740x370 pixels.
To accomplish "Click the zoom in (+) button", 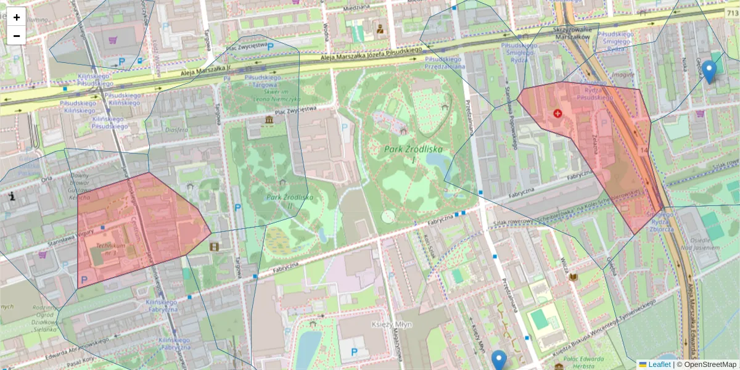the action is [17, 17].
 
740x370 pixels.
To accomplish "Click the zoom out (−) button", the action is [17, 36].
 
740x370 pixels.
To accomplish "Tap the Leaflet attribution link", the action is [659, 364].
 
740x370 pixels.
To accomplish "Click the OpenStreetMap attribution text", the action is [710, 364].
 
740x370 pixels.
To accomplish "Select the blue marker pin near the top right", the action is [709, 72].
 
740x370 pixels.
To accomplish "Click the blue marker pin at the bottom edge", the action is [499, 360].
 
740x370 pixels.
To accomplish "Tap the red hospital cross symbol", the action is [558, 114].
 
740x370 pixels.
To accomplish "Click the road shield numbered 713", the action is [732, 13].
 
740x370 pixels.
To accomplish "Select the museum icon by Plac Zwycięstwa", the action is [269, 120].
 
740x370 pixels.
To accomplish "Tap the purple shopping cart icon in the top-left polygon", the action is [113, 40].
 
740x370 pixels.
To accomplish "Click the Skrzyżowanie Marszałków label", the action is [577, 32].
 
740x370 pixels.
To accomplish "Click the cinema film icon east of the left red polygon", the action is [214, 247].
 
